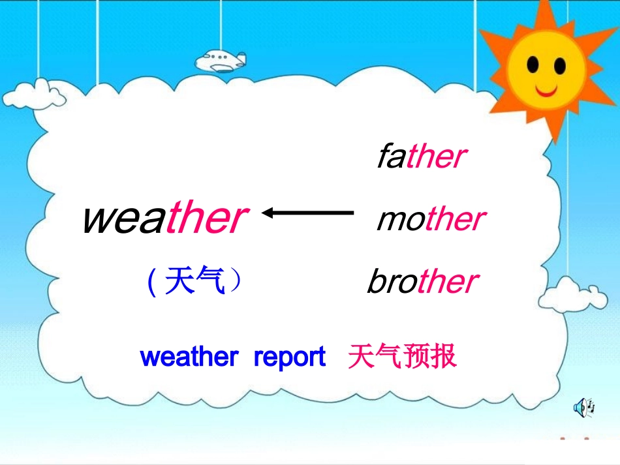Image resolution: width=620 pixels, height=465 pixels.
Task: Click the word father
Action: pos(422,157)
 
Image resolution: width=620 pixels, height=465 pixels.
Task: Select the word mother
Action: pos(431,220)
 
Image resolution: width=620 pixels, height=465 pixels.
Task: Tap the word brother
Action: pos(422,282)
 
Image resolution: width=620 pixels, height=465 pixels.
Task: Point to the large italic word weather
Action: pos(164,218)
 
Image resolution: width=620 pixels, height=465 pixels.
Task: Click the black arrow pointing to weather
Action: pos(307,213)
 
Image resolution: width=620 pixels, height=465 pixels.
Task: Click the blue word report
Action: pos(289,357)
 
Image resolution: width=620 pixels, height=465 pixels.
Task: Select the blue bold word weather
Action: pos(189,357)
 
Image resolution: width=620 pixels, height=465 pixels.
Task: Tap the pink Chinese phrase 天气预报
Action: pos(402,357)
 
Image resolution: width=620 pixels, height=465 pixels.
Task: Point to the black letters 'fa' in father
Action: pos(392,157)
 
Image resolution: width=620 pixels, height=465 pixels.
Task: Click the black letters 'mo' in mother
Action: pos(401,220)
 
